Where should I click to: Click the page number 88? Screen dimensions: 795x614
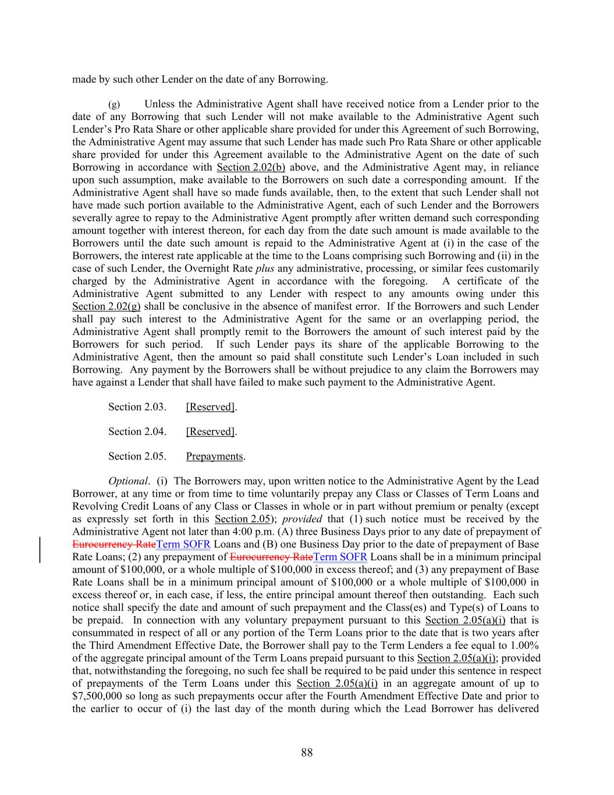tap(307, 752)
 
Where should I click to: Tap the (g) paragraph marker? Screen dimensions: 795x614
tap(114, 104)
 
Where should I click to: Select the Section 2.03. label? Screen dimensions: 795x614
tap(137, 407)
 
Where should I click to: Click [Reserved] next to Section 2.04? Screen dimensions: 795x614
tap(210, 432)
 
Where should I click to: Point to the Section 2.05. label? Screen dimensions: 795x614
tap(137, 456)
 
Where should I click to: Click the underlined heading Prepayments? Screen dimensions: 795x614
tap(214, 456)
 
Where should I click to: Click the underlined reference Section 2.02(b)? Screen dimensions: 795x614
tap(251, 167)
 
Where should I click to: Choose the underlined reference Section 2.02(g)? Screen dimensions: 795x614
tap(107, 306)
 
